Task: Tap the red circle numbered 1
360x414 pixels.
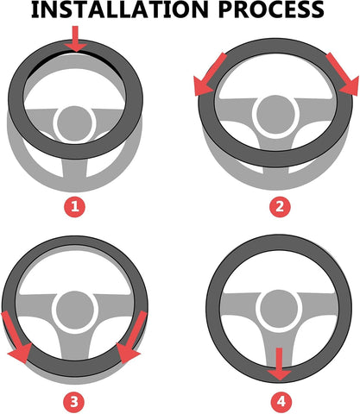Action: pos(76,206)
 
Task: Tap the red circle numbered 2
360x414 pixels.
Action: pos(278,206)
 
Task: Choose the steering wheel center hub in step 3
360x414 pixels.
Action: pos(76,307)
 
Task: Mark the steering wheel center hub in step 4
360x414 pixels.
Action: pos(278,307)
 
